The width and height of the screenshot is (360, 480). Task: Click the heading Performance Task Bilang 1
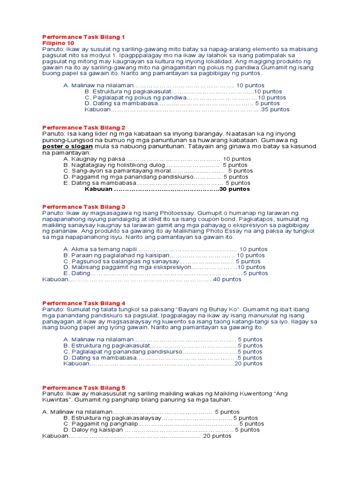pos(84,37)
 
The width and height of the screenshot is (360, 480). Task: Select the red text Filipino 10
pos(58,43)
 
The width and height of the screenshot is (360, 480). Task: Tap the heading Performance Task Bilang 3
pos(84,207)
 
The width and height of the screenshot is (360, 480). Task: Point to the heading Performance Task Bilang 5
pos(84,388)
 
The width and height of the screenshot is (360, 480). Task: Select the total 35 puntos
pos(276,110)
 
